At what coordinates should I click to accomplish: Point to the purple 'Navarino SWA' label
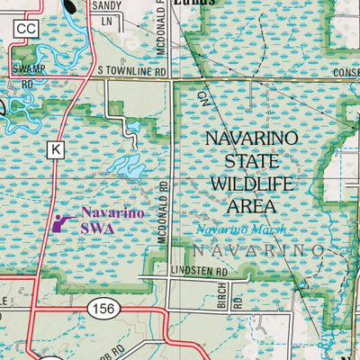pos(108,220)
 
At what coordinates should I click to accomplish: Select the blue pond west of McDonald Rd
pos(126,165)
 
